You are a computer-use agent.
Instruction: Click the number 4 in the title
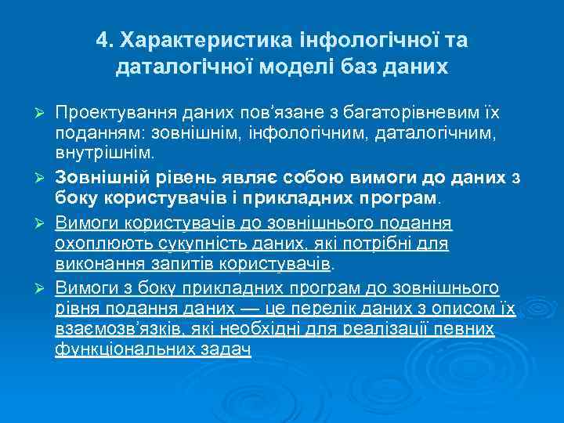pos(103,39)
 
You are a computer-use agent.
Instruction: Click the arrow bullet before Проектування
pos(44,107)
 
